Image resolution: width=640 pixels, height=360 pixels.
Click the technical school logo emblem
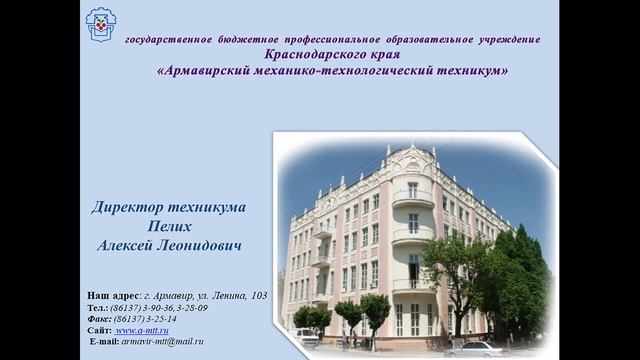100,23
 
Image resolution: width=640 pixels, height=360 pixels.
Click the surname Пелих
169,226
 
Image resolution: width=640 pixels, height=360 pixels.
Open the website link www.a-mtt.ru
142,330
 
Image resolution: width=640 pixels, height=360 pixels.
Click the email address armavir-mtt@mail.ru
164,341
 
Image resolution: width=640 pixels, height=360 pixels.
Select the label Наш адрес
113,296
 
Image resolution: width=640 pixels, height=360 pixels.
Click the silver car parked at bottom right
476,349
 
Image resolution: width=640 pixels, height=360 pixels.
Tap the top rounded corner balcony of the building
411,195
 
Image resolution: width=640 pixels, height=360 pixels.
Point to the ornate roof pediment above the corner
411,159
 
